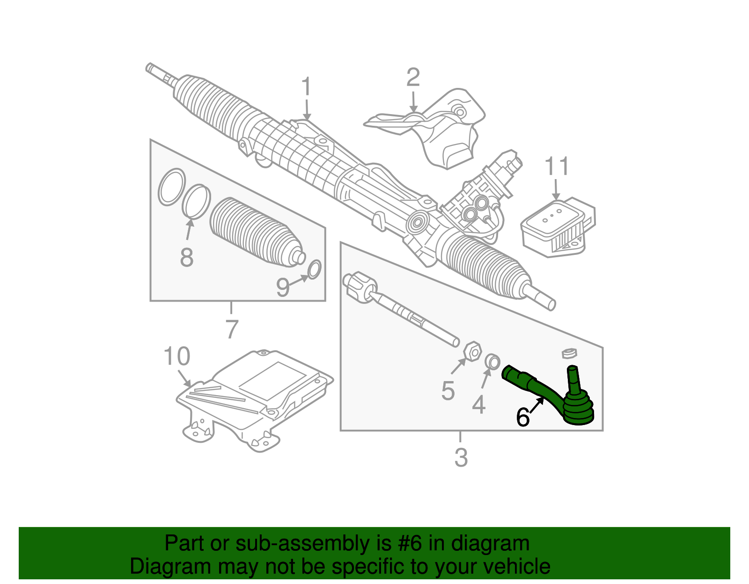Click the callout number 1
[x=306, y=87]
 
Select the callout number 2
[x=413, y=77]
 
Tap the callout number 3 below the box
[x=461, y=457]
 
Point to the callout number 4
[x=479, y=404]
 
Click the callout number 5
[x=448, y=391]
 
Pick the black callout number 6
[x=522, y=417]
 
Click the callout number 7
[x=231, y=329]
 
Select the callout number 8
[x=186, y=257]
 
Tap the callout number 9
[x=283, y=288]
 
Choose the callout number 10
[x=176, y=356]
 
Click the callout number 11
[x=557, y=166]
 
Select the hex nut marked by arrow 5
[x=472, y=351]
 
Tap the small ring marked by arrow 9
[x=314, y=269]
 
